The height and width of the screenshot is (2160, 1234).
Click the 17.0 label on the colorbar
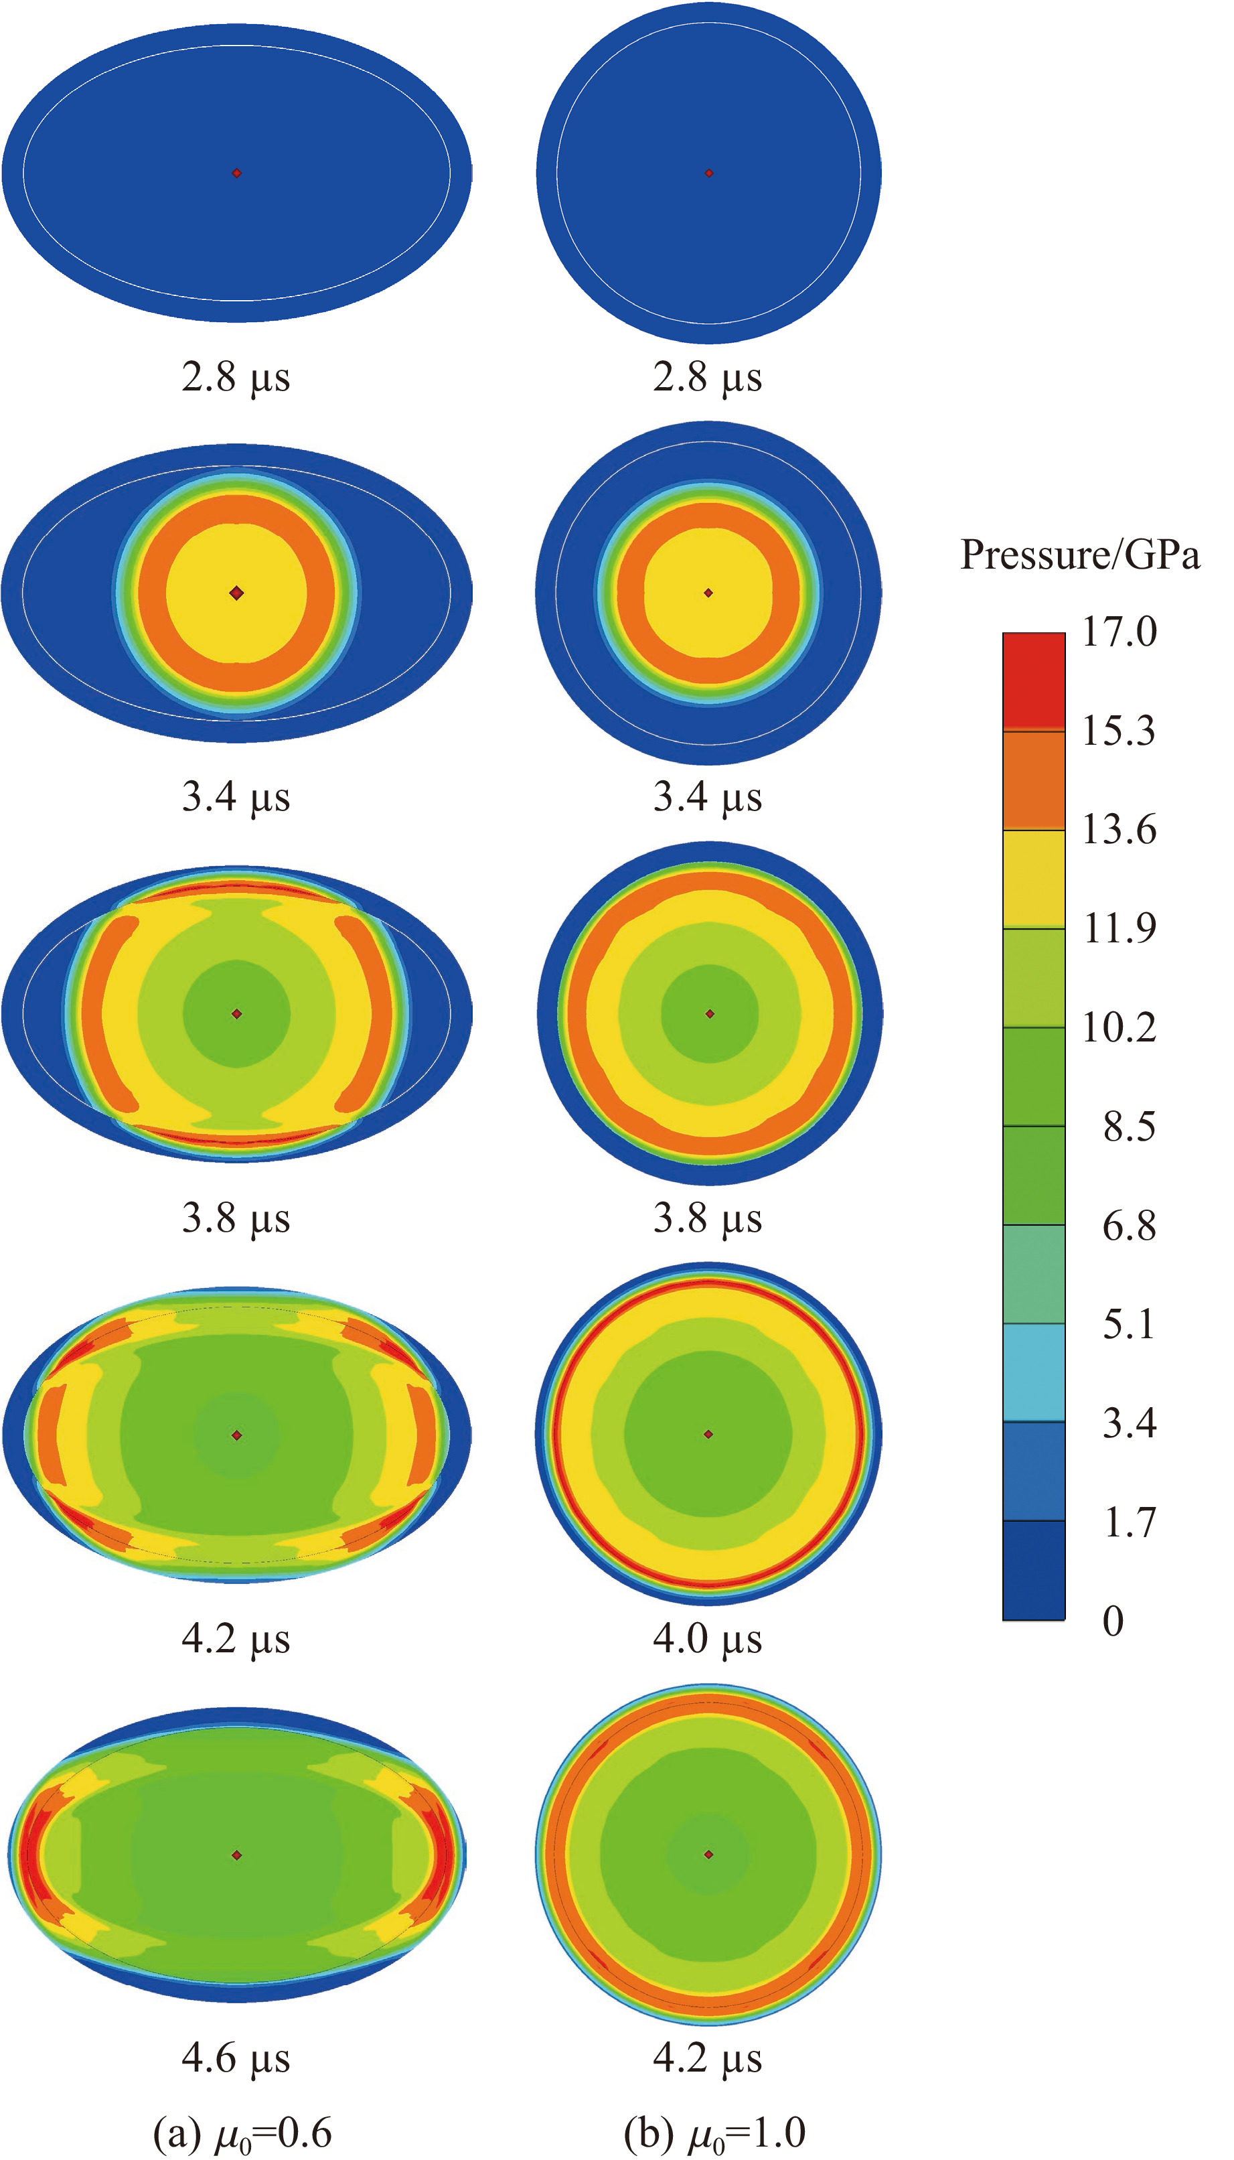click(1119, 632)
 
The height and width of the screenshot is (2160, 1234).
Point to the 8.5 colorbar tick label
click(1129, 1127)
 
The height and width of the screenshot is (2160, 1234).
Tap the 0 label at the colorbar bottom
click(1113, 1621)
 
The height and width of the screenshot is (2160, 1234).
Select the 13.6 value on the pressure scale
click(1119, 829)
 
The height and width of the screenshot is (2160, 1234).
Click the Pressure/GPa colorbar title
click(1080, 555)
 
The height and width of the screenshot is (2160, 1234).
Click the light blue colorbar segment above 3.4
click(1033, 1372)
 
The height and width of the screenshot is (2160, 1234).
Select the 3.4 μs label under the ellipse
click(236, 797)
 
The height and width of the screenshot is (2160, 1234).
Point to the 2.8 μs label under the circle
click(707, 377)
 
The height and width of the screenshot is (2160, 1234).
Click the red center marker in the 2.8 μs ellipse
click(237, 173)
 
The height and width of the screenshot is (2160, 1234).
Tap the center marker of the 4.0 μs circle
click(708, 1435)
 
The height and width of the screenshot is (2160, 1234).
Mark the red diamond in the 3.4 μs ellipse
click(237, 593)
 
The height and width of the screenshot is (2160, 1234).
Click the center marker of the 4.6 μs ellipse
click(237, 1855)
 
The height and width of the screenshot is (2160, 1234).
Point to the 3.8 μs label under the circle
click(707, 1218)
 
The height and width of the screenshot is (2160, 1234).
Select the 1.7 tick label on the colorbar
click(1129, 1522)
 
